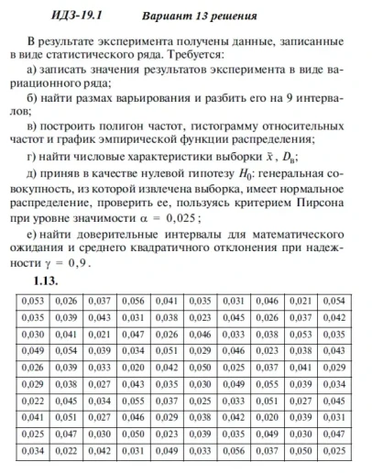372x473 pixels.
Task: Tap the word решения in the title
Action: coord(233,16)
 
